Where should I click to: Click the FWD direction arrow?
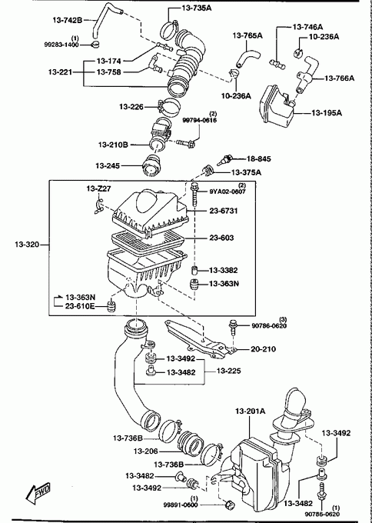coord(38,494)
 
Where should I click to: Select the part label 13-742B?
coord(67,20)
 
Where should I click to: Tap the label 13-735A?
coord(197,8)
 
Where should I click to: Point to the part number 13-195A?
coord(327,113)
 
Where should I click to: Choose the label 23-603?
coord(221,238)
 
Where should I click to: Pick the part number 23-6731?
coord(224,211)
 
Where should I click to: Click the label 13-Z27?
coord(98,189)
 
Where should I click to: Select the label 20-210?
coord(264,349)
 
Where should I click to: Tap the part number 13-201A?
coord(250,411)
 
